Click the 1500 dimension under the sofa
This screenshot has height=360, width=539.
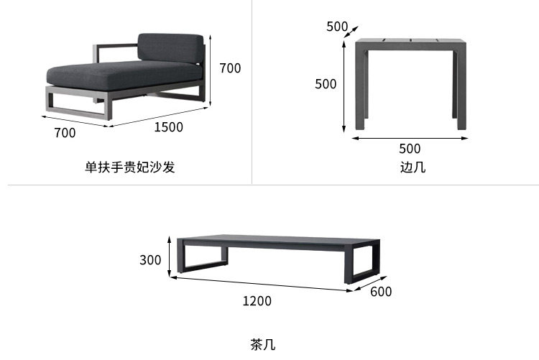pos(168,127)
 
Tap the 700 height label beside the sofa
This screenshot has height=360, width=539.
pos(230,68)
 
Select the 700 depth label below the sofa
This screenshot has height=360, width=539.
pos(65,132)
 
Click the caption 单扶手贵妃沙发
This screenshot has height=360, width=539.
pos(130,167)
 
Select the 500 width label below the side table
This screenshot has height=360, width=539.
pos(410,149)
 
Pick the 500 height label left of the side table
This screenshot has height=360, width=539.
pos(326,84)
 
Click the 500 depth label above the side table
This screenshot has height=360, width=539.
pos(337,27)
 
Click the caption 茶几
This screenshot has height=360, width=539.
pos(262,344)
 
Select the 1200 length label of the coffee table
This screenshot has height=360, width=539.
pos(257,301)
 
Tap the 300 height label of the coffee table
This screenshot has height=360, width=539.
pos(150,259)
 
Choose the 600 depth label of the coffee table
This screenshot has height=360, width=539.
pos(381,292)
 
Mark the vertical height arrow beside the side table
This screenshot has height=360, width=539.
pos(344,85)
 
